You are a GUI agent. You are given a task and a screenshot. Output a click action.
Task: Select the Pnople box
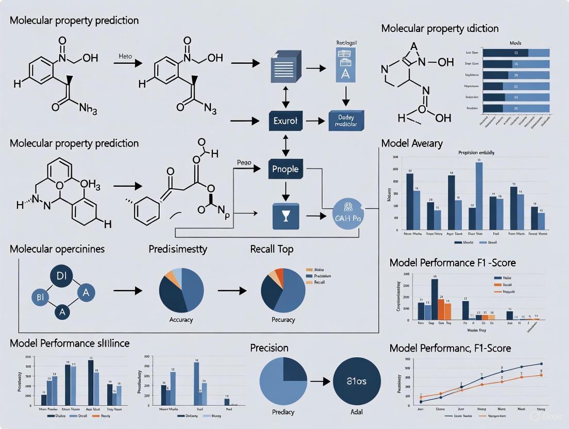286,169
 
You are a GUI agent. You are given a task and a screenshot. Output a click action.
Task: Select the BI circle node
40,296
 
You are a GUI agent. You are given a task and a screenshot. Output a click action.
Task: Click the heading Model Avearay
412,143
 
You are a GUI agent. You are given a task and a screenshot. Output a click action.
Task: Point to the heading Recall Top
272,249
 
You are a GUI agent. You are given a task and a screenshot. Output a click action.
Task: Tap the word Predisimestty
178,249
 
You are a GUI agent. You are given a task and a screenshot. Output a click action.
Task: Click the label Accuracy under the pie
181,320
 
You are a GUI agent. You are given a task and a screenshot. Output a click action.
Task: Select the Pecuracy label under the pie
283,320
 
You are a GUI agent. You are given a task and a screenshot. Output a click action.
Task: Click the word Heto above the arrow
125,56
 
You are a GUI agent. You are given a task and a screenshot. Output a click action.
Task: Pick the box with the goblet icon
286,216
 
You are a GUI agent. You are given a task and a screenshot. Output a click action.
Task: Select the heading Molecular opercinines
57,249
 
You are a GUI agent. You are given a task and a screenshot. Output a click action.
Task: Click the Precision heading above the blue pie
269,348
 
